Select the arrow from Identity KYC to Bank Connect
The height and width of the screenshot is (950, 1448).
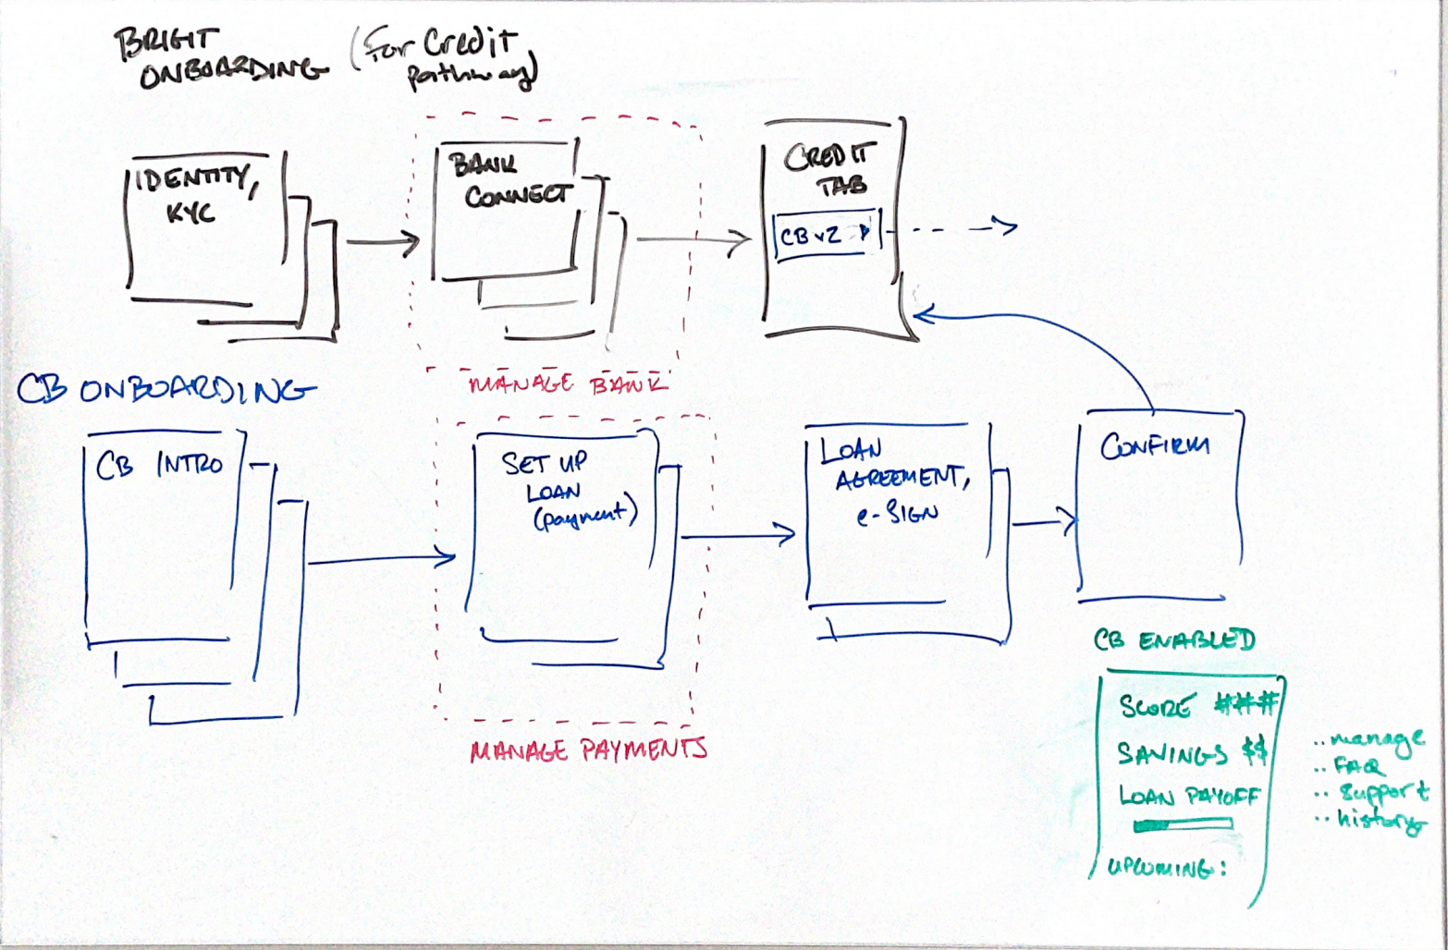(382, 243)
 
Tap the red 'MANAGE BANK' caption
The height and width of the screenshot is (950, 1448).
(566, 384)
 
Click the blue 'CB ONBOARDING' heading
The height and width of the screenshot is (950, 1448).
(165, 391)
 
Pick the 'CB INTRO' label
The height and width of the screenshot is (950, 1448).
(159, 465)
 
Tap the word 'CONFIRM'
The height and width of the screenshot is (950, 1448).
(1154, 447)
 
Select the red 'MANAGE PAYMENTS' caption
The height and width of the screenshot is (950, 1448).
(588, 749)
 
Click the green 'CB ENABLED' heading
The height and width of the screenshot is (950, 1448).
(1173, 639)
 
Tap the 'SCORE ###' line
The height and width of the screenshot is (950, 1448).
(1197, 706)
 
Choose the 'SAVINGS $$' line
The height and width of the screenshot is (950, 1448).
(1191, 753)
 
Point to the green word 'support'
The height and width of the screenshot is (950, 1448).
(1383, 792)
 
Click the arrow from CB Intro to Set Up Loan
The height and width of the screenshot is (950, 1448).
(381, 559)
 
